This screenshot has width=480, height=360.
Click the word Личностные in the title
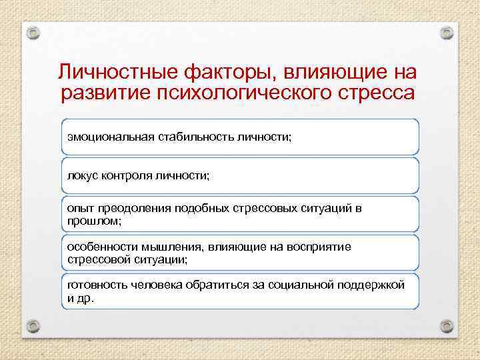pyautogui.click(x=113, y=71)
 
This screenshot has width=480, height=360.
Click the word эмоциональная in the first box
pyautogui.click(x=111, y=137)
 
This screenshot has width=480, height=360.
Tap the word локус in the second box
pyautogui.click(x=81, y=175)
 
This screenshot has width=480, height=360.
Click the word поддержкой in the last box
pyautogui.click(x=371, y=285)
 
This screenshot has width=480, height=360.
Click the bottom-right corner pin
pyautogui.click(x=447, y=327)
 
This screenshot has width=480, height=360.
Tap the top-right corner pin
pyautogui.click(x=447, y=32)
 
